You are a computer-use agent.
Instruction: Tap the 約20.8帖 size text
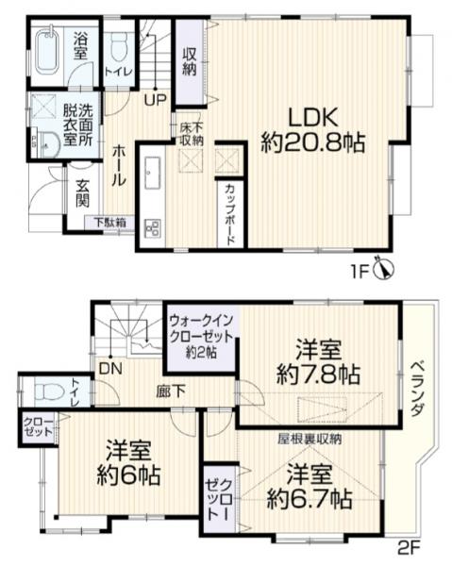[x=313, y=142]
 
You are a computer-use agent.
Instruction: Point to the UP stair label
[x=156, y=99]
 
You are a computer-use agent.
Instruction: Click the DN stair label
[x=110, y=369]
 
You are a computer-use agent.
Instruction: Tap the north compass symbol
[x=385, y=270]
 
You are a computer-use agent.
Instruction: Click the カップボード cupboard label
[x=231, y=215]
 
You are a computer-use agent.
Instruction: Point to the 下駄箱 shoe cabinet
[x=110, y=223]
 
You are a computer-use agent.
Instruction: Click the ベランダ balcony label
[x=417, y=389]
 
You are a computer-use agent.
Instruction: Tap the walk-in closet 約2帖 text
[x=201, y=352]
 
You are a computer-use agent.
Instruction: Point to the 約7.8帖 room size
[x=318, y=375]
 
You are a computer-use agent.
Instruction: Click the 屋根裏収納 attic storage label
[x=310, y=440]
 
